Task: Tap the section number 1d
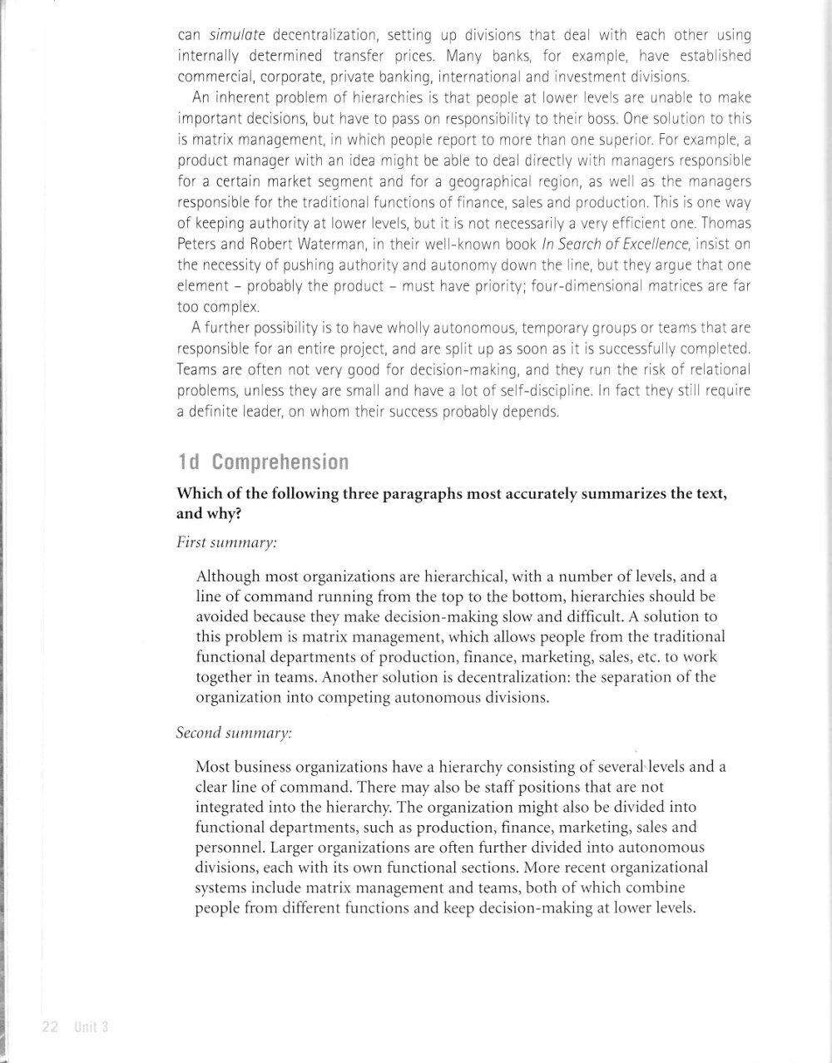tap(189, 462)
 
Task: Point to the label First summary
tap(227, 541)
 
